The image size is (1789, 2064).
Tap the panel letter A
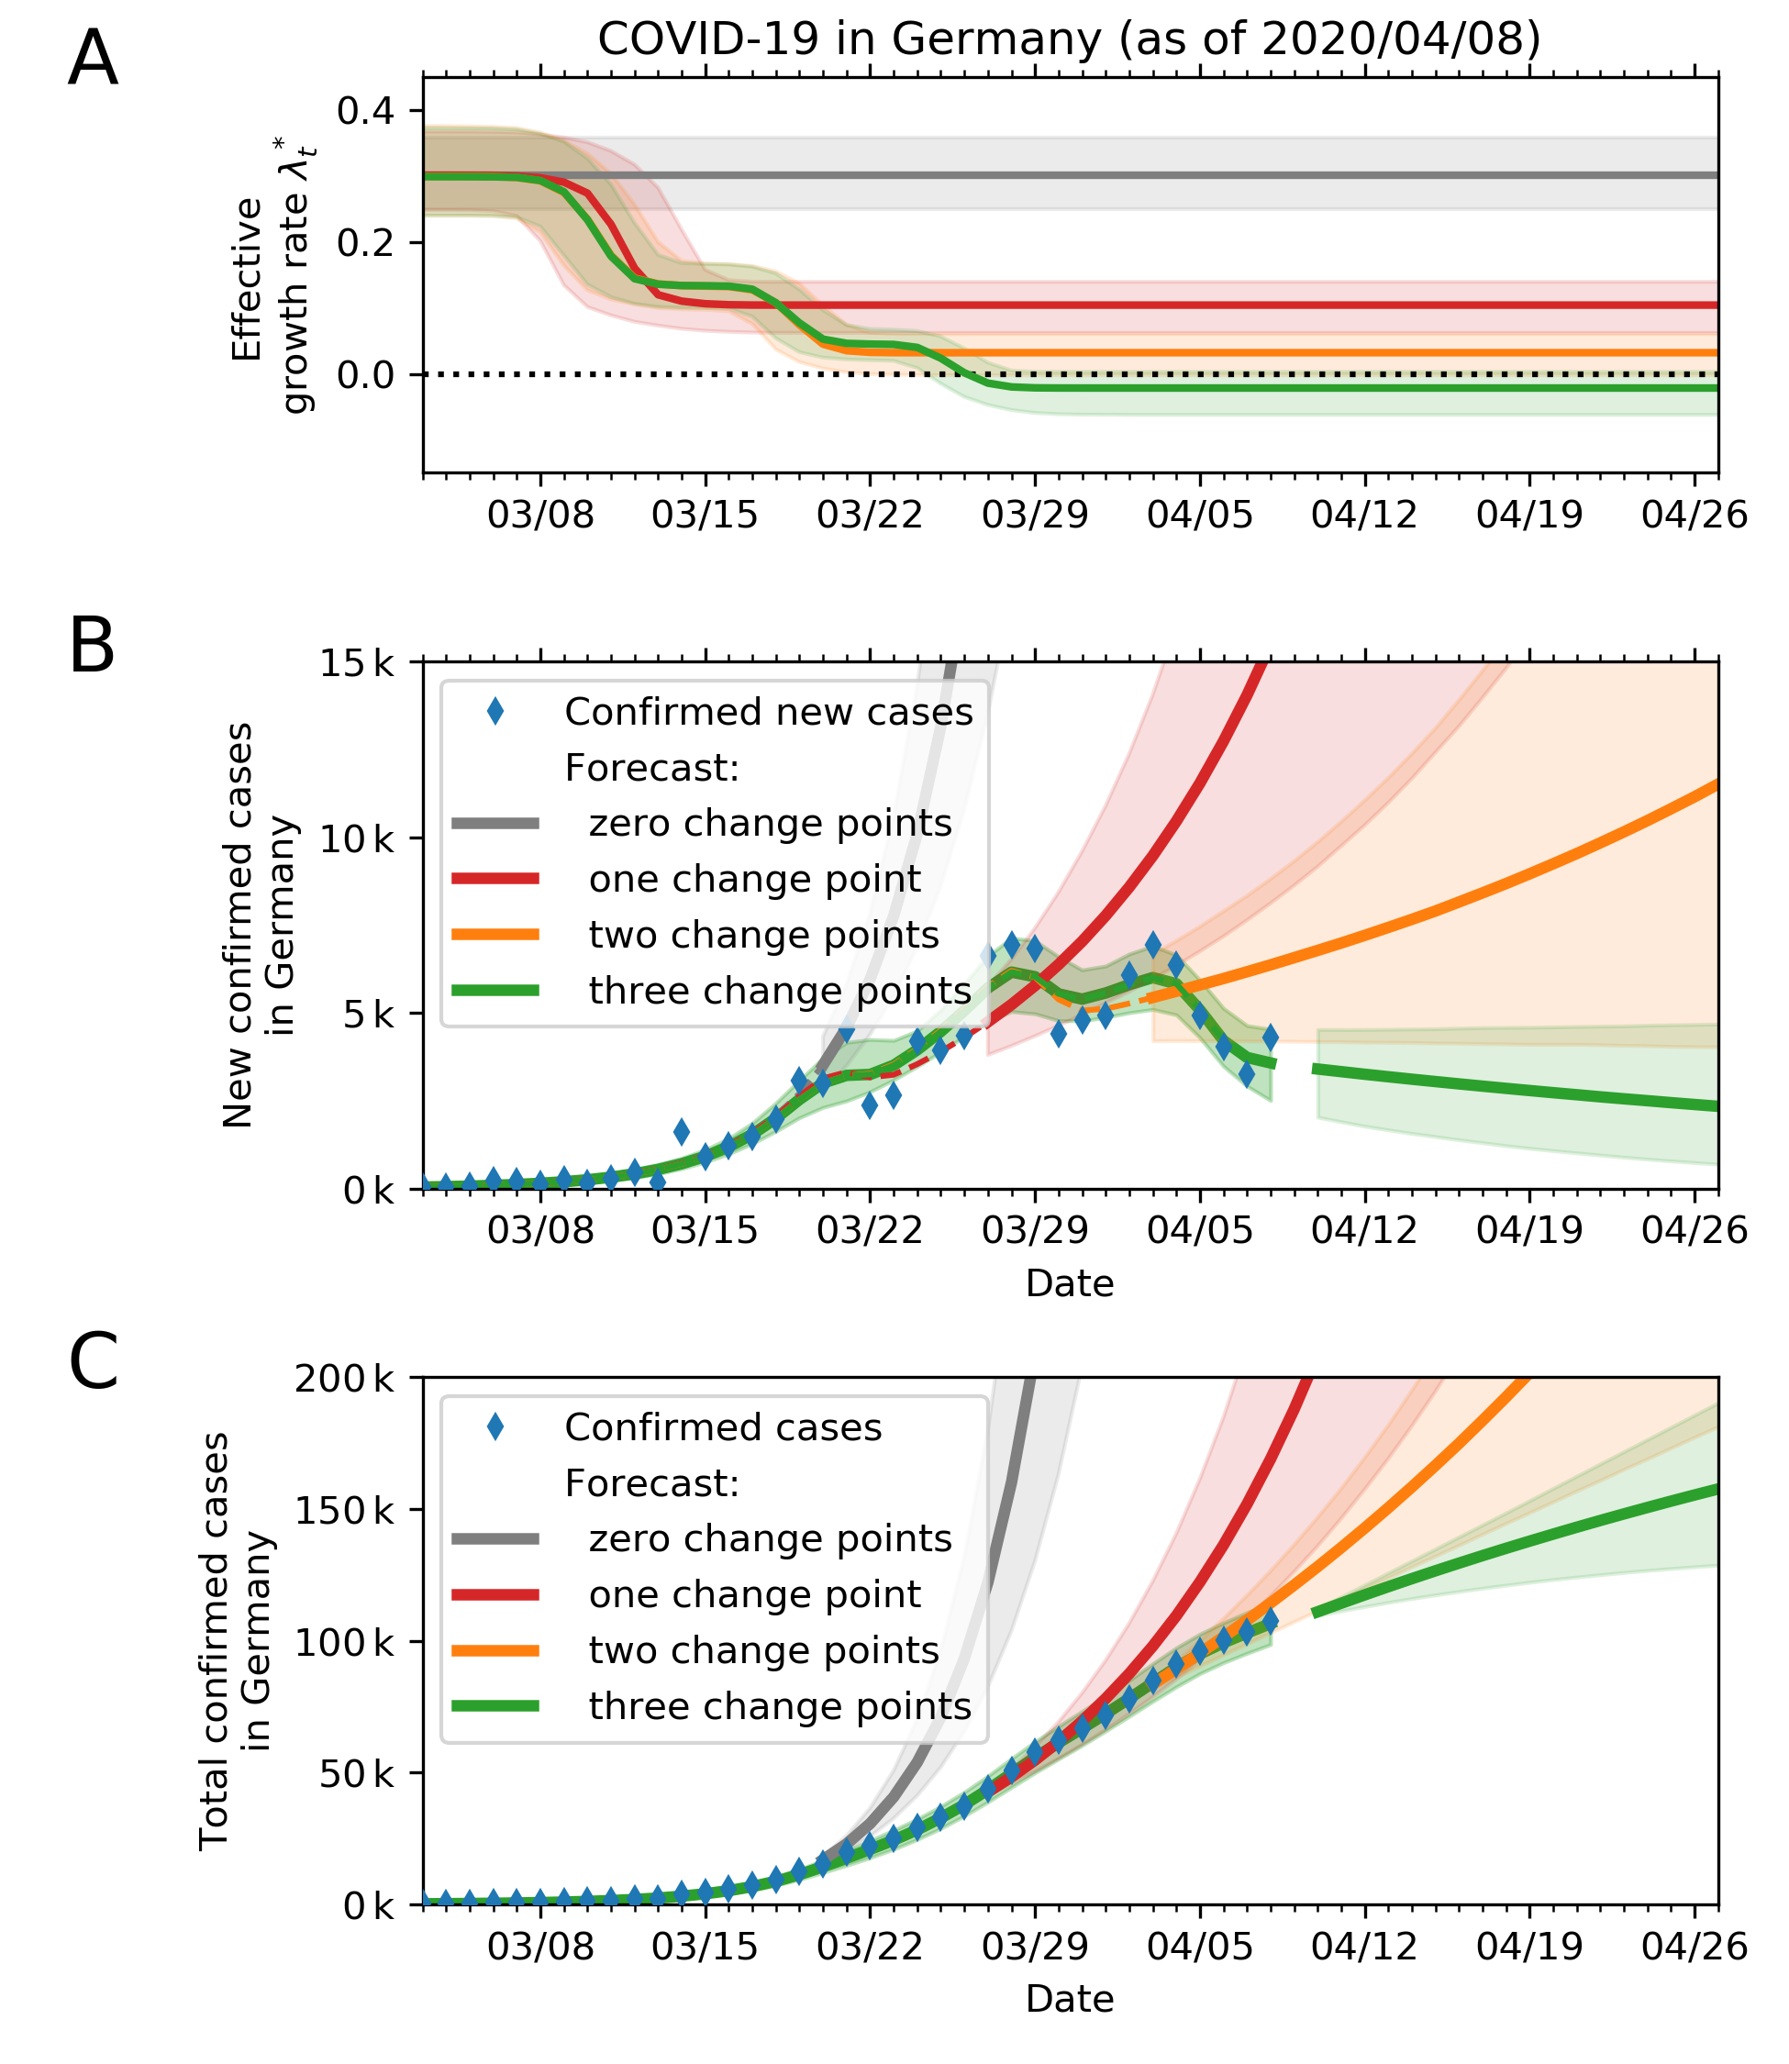point(93,60)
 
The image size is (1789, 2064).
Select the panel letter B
point(92,647)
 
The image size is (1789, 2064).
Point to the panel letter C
point(94,1362)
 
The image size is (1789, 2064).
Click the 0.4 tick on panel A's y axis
point(365,111)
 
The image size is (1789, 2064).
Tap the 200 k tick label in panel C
point(344,1380)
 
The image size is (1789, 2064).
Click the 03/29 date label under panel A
point(1034,515)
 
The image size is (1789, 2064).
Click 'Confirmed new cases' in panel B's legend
point(768,713)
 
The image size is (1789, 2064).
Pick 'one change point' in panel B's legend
point(755,880)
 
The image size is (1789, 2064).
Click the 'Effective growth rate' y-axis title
point(272,305)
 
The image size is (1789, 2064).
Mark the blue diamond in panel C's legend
point(495,1427)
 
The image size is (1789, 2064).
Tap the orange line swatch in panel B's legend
point(495,935)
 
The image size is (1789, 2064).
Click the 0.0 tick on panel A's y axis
point(365,375)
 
